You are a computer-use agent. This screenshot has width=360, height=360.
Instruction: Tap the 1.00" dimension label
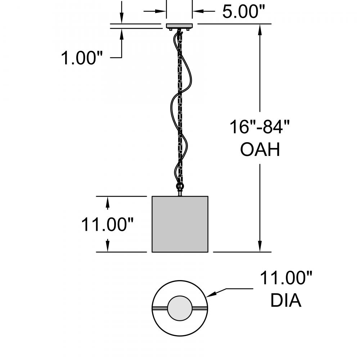[82, 58]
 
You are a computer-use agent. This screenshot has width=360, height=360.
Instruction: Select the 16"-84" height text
[260, 127]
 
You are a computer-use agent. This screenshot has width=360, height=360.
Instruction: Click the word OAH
[260, 149]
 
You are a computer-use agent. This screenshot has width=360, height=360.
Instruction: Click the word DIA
[285, 301]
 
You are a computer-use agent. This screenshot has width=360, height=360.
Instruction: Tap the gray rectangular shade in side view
[180, 224]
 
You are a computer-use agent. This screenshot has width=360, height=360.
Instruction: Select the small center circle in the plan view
[180, 308]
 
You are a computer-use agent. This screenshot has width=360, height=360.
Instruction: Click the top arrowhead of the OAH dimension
[260, 28]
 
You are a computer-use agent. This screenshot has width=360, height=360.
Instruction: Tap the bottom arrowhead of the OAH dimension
[260, 247]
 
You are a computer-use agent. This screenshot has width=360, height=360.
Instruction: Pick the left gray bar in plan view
[160, 309]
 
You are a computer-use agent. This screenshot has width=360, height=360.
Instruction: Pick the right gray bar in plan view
[199, 309]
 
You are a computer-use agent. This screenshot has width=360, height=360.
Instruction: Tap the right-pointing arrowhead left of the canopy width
[161, 12]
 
